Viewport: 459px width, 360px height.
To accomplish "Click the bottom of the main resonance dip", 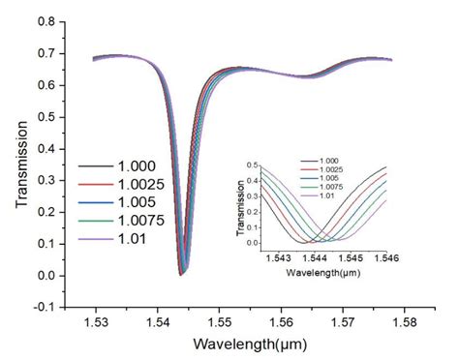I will click(x=181, y=275).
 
